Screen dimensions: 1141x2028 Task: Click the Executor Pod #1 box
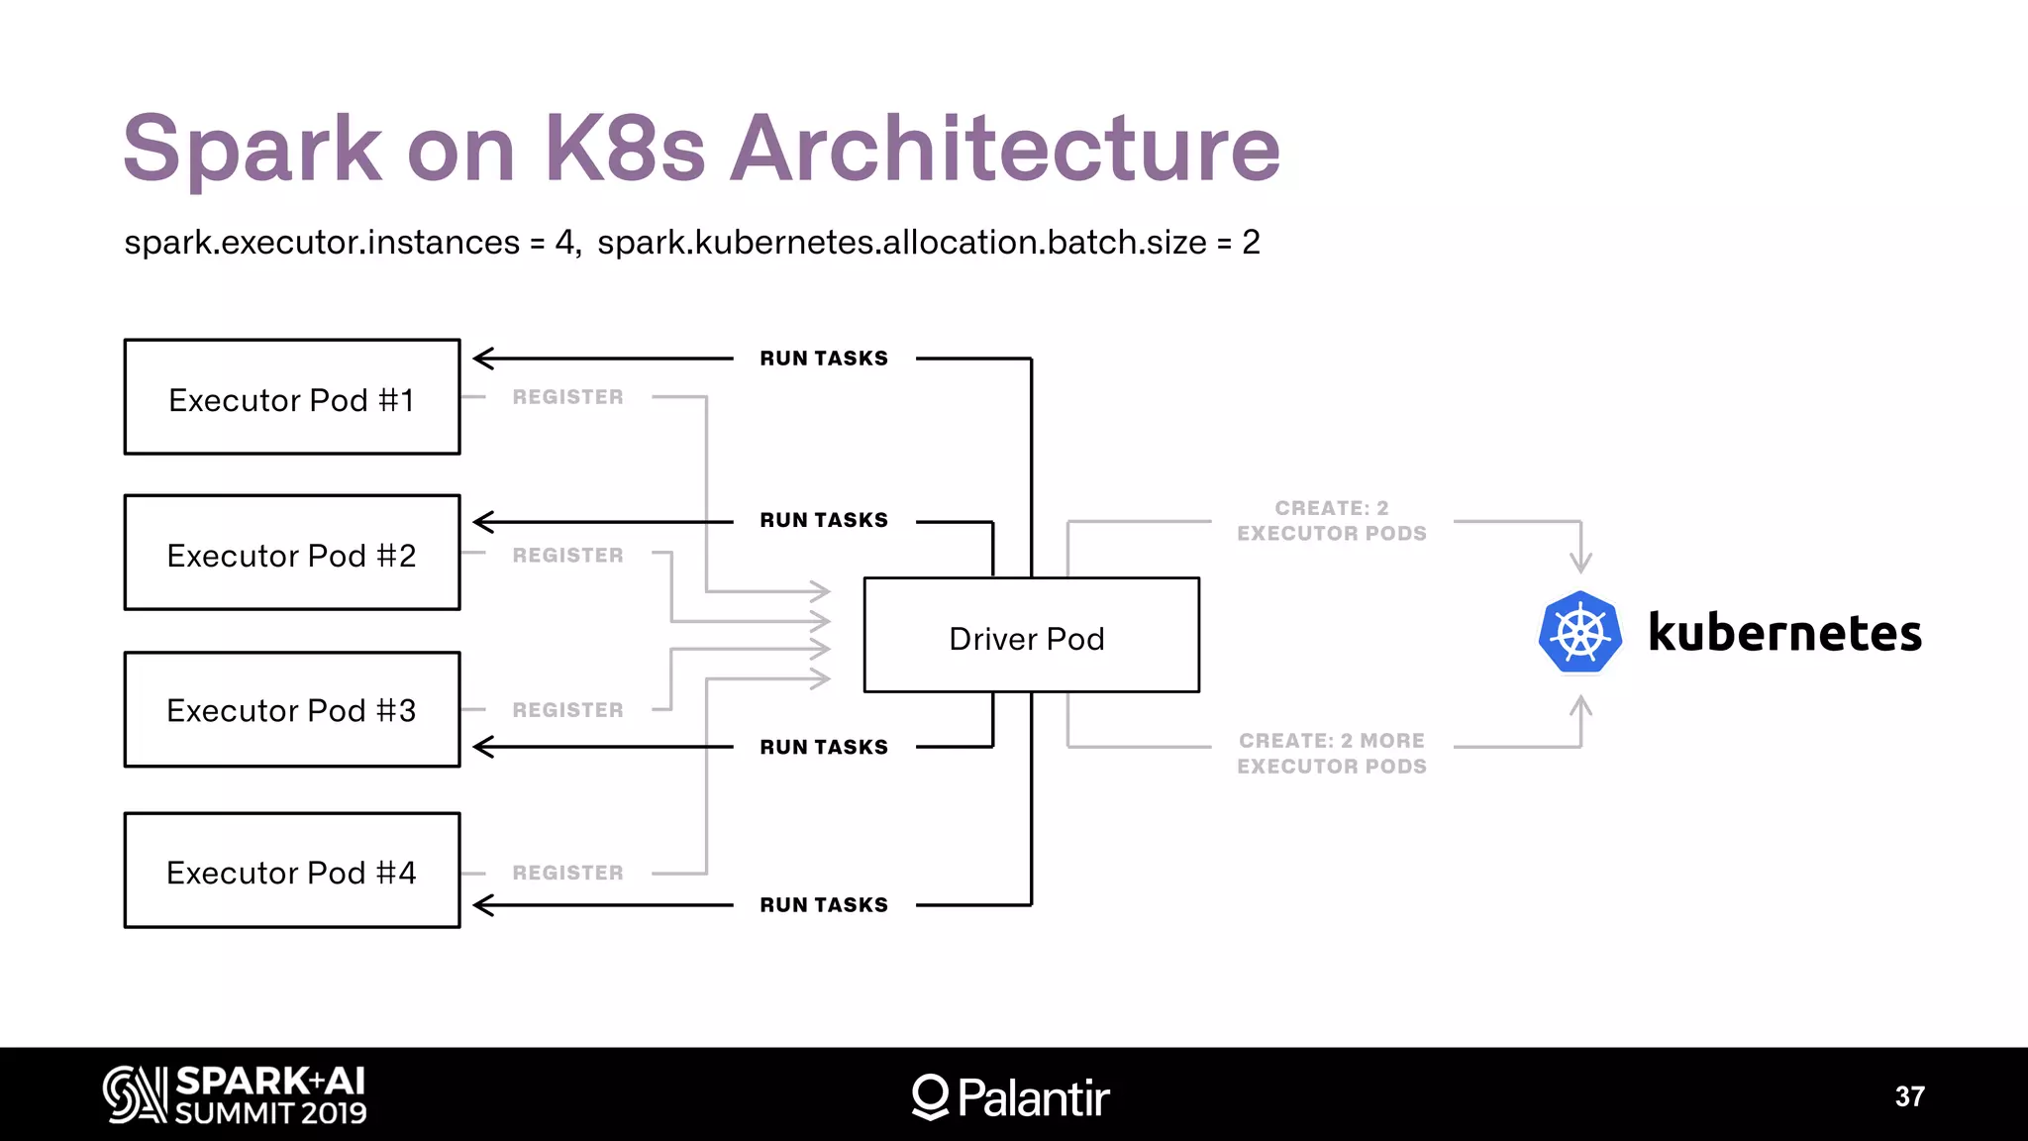coord(292,397)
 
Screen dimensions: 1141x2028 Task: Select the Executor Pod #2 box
coord(292,553)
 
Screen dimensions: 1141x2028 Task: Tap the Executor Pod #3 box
coord(292,709)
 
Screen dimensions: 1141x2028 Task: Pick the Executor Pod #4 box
coord(292,871)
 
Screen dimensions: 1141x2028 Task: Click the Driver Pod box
coord(1031,635)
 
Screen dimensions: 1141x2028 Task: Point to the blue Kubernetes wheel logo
coord(1580,633)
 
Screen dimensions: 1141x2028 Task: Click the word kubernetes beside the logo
coord(1784,633)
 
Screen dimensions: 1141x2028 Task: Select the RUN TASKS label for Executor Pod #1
coord(824,359)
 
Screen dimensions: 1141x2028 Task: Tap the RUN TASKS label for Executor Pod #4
coord(824,905)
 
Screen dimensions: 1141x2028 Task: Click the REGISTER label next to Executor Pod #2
coord(567,556)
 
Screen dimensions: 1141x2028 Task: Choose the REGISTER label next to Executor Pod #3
coord(567,710)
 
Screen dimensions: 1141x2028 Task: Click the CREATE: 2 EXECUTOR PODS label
coord(1332,521)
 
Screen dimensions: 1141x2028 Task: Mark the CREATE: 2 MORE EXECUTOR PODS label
coord(1332,754)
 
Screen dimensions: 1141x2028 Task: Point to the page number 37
coord(1910,1096)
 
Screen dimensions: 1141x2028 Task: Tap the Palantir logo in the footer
coord(1011,1096)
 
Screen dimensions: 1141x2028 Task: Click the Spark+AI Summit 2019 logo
coord(235,1094)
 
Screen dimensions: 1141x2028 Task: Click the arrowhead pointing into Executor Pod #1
coord(483,359)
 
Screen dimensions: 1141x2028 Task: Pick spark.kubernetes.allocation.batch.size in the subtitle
coord(901,243)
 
